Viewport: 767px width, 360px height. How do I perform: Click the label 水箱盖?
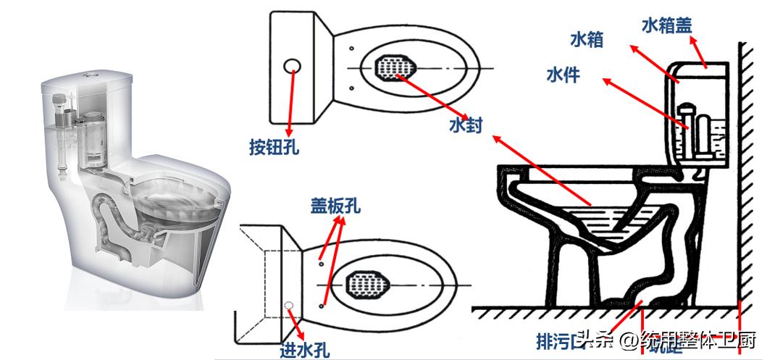(666, 26)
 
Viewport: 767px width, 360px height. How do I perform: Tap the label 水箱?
(587, 39)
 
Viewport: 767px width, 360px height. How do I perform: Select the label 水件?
(563, 74)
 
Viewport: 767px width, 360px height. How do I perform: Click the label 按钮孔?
(274, 148)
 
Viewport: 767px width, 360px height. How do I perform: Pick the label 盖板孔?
(335, 206)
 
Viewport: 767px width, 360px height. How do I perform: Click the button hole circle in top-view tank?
(293, 66)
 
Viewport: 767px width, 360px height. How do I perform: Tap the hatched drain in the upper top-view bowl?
(395, 68)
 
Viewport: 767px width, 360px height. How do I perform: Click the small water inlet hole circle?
(288, 305)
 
